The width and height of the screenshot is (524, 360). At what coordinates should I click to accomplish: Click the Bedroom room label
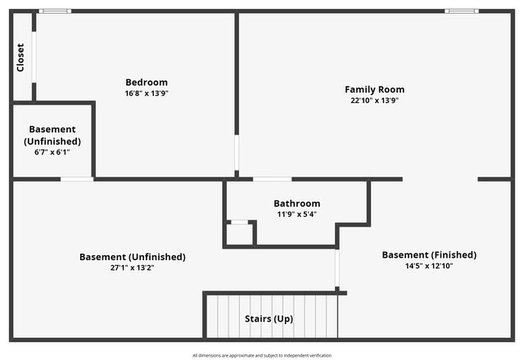point(147,82)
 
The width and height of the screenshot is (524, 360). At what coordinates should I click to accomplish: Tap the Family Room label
point(374,89)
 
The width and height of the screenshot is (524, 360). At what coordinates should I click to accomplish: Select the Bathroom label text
point(296,204)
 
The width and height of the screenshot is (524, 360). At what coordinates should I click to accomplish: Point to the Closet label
point(20,57)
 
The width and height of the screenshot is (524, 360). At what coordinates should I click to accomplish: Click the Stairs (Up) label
point(269,318)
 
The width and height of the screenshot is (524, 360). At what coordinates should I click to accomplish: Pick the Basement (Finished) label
point(429,255)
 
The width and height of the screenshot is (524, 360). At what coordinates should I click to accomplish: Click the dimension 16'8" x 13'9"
point(147,93)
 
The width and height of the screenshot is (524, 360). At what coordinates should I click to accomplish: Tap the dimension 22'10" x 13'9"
point(374,101)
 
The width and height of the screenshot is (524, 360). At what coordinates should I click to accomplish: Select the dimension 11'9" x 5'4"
point(296,214)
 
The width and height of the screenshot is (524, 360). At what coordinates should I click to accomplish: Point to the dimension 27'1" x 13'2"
point(133,268)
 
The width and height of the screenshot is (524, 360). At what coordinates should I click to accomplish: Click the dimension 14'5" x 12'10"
point(429,267)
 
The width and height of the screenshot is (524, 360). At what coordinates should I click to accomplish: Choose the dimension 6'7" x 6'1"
point(52,153)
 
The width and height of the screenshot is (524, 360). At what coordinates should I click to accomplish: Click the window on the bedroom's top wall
point(55,11)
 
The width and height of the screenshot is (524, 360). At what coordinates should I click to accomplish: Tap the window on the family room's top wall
point(462,11)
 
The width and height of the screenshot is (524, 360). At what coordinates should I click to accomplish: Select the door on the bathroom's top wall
point(272,178)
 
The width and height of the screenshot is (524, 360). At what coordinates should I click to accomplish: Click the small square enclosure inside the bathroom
point(239,233)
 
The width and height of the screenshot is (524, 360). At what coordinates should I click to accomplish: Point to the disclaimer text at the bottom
point(262,355)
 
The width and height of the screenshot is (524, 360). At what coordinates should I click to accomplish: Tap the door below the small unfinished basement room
point(77,178)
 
